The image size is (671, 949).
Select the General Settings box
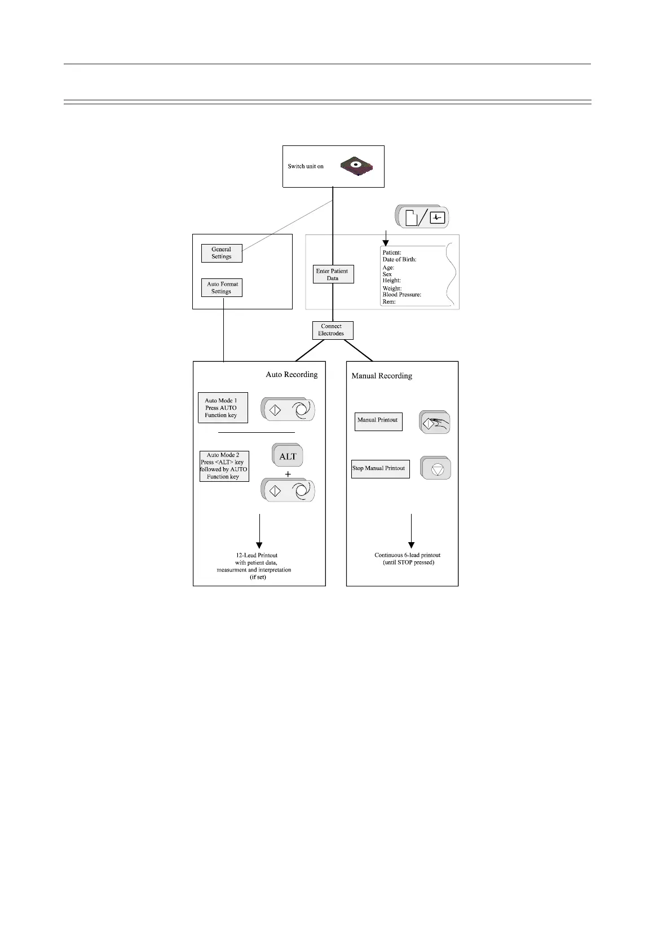222,253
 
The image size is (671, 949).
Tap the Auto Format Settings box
222,288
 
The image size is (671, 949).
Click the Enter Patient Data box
333,274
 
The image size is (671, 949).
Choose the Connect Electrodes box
333,330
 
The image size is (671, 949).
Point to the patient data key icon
423,217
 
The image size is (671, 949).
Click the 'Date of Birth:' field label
399,260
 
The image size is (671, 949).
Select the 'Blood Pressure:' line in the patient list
401,295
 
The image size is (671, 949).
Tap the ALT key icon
288,456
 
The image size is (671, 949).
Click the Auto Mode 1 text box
223,408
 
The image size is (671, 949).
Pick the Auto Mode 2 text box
224,466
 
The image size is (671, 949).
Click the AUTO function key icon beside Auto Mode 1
288,410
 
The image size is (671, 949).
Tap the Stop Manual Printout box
380,469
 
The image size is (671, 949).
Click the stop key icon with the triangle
436,468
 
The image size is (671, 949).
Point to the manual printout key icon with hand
435,423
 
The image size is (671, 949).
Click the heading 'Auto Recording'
292,375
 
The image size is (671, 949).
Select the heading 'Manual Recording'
382,376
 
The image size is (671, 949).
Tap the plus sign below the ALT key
288,475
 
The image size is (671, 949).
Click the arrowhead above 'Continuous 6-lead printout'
412,545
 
